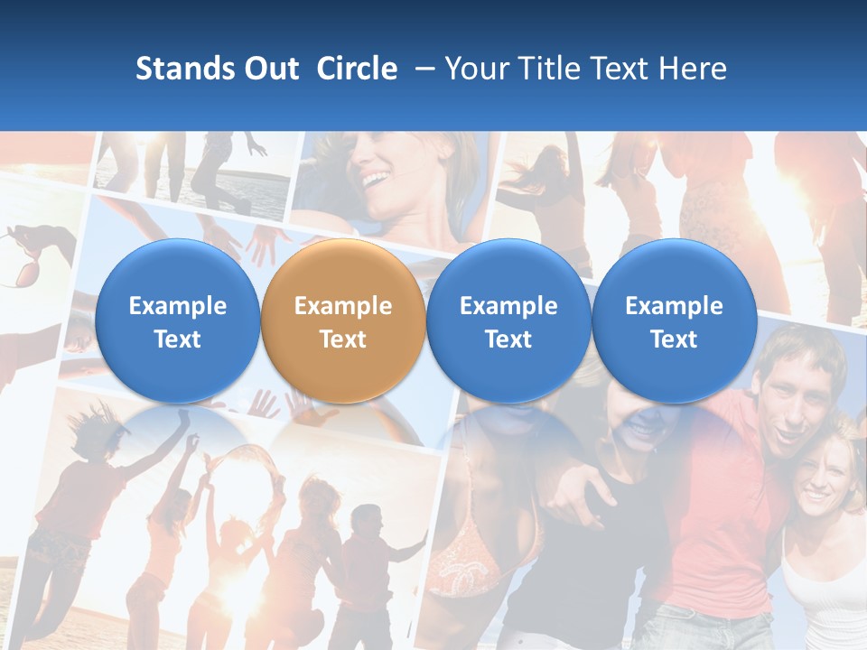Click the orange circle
click(x=343, y=320)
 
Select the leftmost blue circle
click(x=177, y=320)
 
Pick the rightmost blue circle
click(x=674, y=320)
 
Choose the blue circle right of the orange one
click(x=508, y=320)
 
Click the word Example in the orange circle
click(x=343, y=306)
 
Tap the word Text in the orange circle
click(x=343, y=339)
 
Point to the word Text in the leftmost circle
click(x=178, y=339)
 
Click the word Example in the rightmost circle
click(x=674, y=306)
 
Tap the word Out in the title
click(x=268, y=69)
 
